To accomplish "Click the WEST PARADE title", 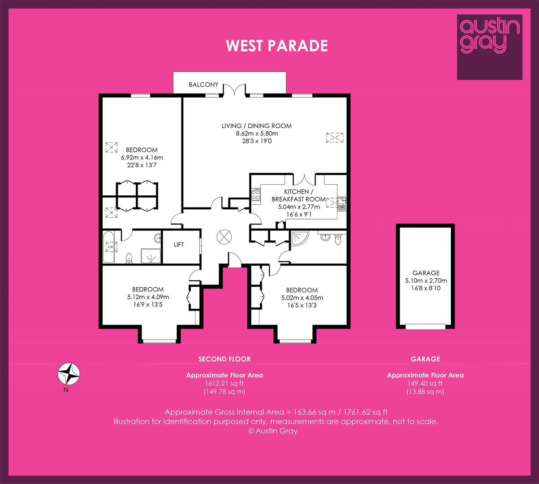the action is pos(277,46).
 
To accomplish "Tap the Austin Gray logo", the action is pos(490,47).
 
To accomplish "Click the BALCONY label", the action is pos(203,85).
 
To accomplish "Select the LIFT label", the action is pos(179,245).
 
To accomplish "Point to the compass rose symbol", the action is pos(69,374).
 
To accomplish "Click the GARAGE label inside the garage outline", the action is pos(426,273).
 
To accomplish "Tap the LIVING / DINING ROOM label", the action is pos(257,126).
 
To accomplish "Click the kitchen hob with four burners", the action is pos(256,194).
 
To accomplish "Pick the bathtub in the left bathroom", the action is pos(108,247).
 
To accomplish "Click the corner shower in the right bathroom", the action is pos(299,238).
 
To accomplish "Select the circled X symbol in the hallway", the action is pos(224,237).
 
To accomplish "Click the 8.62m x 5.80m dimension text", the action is pos(257,133).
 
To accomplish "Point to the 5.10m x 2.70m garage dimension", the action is pos(426,281).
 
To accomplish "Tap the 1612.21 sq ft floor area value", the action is pos(224,384).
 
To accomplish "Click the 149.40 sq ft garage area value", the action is pos(425,384).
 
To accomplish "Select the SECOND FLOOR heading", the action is pos(224,359).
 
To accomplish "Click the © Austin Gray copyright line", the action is pos(273,431).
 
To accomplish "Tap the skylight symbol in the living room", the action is pos(335,138).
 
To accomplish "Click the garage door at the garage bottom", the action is pos(425,327).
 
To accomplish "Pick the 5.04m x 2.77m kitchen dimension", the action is pos(299,207).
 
